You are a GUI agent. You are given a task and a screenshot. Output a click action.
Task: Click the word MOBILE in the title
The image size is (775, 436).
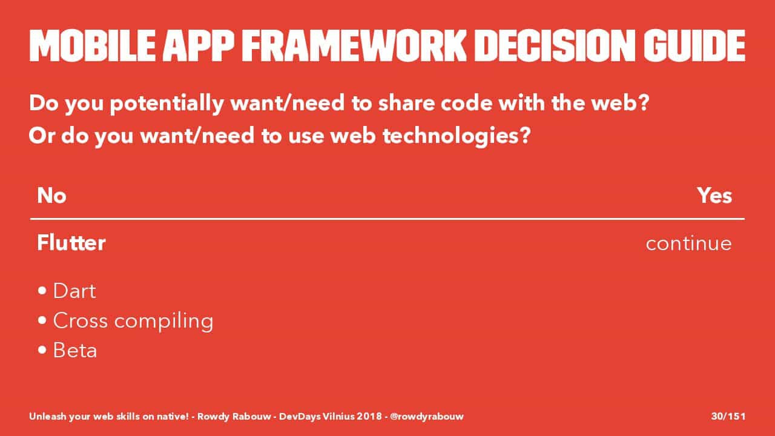93,45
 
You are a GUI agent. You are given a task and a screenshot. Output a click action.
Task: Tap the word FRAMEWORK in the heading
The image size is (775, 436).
354,45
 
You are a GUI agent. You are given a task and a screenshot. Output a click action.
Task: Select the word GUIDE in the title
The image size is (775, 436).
694,45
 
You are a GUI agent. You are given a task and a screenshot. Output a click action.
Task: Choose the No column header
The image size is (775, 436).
51,196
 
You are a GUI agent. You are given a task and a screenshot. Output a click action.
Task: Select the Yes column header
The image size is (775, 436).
714,196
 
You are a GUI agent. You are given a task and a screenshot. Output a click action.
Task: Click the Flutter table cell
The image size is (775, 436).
71,243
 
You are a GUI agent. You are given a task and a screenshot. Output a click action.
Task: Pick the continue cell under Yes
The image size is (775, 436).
689,243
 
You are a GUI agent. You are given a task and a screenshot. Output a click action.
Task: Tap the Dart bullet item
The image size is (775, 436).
74,291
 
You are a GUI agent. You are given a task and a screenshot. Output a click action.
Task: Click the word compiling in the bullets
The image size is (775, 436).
163,322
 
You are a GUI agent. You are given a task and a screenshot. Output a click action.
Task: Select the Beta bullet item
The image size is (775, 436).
75,350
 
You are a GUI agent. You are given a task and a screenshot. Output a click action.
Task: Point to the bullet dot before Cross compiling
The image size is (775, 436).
42,320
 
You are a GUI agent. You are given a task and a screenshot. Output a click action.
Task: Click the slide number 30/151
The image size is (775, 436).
728,416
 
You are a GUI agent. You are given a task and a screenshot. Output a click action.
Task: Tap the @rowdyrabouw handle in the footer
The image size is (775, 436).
427,416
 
